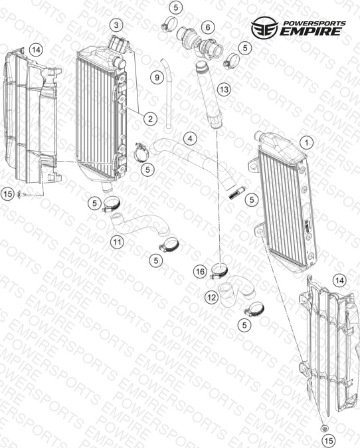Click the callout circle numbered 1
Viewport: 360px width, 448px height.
[x=307, y=142]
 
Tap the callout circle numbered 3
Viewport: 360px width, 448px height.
[x=116, y=25]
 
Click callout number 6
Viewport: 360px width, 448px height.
[x=207, y=27]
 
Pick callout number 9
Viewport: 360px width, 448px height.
[x=157, y=77]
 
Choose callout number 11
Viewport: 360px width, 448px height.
[x=117, y=243]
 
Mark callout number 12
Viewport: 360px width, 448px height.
[x=212, y=298]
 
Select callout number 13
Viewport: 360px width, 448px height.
[x=224, y=90]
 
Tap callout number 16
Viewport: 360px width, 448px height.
[x=200, y=271]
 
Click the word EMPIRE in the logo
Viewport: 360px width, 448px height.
[x=310, y=31]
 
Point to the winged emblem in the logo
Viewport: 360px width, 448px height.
[x=264, y=27]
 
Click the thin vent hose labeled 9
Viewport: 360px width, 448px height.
[x=169, y=94]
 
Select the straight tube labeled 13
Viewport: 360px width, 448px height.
[x=209, y=96]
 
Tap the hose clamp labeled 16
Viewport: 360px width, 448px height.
[x=219, y=271]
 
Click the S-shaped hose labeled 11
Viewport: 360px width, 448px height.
[x=140, y=224]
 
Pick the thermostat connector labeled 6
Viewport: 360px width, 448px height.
[x=200, y=43]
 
